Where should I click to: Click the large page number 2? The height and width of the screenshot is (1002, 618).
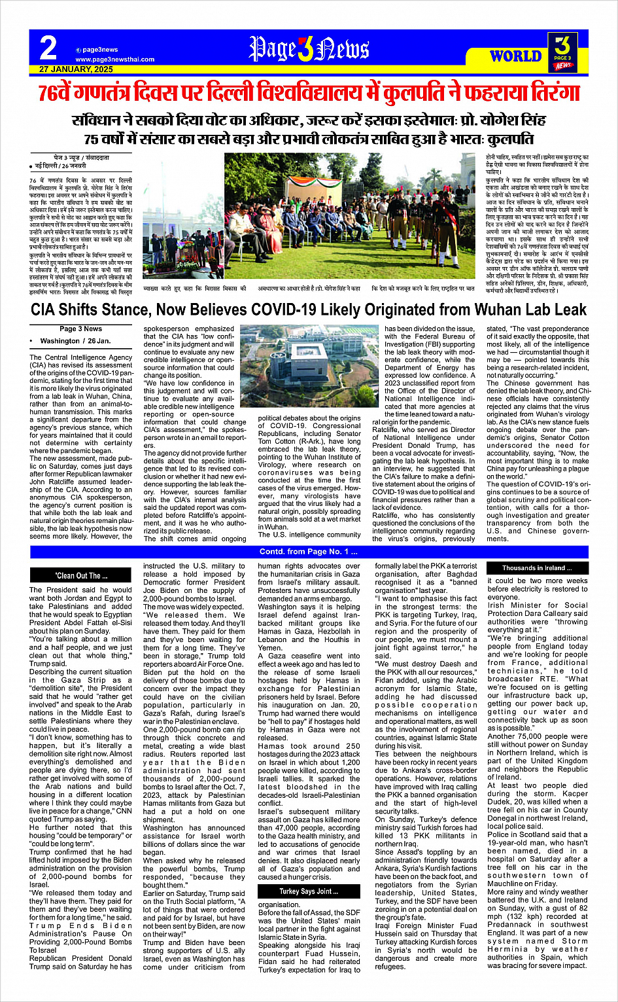click(x=48, y=48)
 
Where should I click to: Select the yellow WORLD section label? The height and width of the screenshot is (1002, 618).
click(x=516, y=56)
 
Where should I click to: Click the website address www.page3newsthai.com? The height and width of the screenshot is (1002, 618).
click(x=115, y=59)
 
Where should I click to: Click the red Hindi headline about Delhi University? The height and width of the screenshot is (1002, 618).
click(x=309, y=94)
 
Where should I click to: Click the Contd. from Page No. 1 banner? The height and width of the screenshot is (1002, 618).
click(x=309, y=552)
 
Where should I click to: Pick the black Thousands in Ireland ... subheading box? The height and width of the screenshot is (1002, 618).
click(x=538, y=567)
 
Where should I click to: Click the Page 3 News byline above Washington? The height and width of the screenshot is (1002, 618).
click(x=80, y=329)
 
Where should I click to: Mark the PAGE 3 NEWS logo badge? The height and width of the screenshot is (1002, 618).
click(x=563, y=52)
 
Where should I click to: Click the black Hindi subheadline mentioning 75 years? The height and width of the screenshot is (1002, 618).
click(x=309, y=139)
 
